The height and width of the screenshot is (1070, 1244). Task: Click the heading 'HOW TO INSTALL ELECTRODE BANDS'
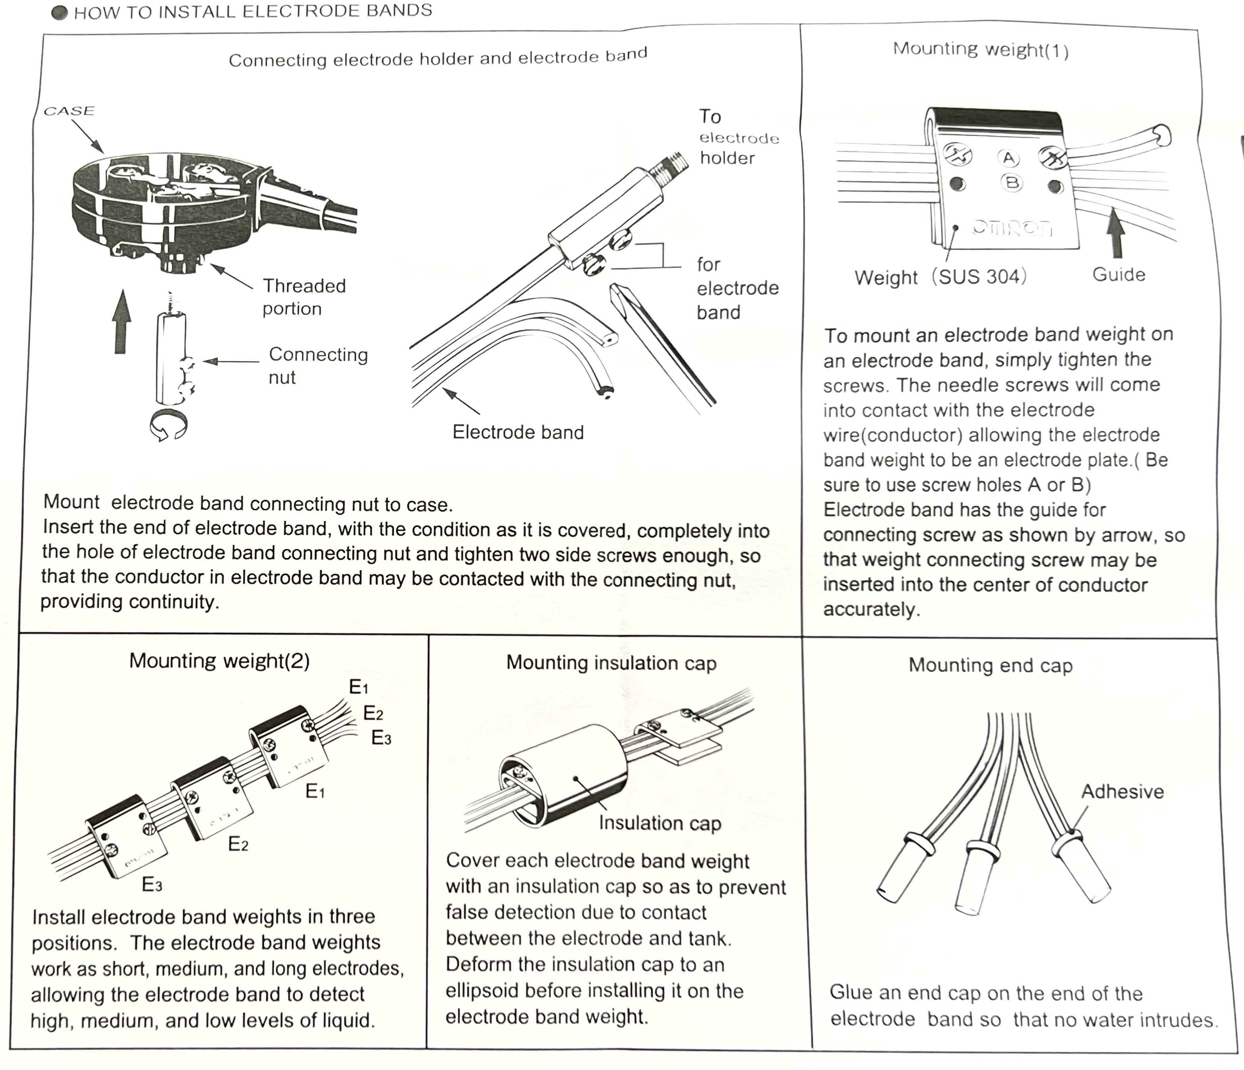pos(252,11)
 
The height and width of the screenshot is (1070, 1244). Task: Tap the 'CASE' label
pos(69,111)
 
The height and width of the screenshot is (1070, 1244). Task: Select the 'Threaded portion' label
pos(304,297)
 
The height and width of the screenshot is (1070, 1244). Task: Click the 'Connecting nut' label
pos(318,366)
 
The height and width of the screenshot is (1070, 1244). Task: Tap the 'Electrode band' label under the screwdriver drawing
pos(518,432)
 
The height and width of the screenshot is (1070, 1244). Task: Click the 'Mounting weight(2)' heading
pos(219,661)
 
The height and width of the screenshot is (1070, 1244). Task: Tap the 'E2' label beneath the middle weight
pos(238,844)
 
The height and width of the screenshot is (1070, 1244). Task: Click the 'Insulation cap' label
pos(659,823)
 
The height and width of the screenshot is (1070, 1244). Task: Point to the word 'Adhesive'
pos(1122,792)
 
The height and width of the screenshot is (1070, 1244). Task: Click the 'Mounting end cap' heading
pos(990,665)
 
